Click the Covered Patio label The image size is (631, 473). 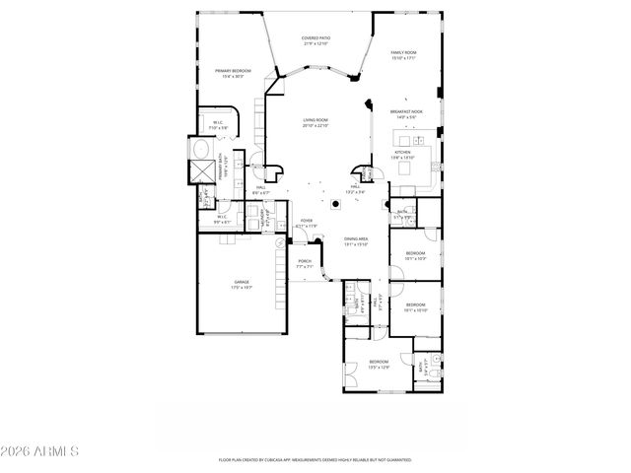(x=315, y=40)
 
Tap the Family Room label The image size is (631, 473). (x=404, y=55)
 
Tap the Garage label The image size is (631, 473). (x=241, y=285)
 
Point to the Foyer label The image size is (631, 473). (x=307, y=224)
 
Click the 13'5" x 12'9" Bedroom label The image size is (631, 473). (x=379, y=364)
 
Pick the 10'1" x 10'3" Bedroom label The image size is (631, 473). (x=415, y=256)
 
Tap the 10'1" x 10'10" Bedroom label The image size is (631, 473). (x=415, y=306)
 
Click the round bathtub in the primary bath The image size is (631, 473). (x=201, y=150)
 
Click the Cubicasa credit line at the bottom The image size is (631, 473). (x=315, y=460)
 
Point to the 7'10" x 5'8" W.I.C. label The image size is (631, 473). (x=218, y=125)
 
